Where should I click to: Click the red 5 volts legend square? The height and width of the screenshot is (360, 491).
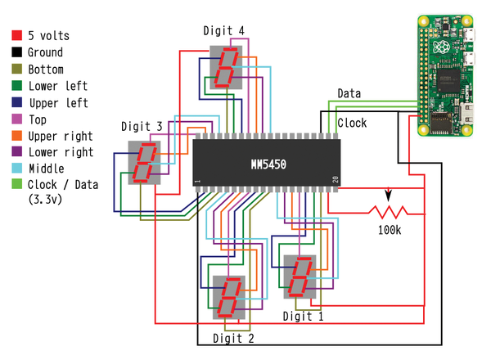click(16, 36)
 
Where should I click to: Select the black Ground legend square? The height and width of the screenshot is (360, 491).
click(16, 52)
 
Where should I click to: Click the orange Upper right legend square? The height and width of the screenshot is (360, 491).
click(16, 136)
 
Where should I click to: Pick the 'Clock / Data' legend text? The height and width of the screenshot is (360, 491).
click(63, 185)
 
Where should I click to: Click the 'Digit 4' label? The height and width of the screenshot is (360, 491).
click(224, 32)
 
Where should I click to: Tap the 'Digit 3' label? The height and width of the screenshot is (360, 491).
click(142, 126)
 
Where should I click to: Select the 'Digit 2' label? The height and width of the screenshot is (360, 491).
click(233, 336)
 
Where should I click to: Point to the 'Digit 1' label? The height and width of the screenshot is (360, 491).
click(304, 315)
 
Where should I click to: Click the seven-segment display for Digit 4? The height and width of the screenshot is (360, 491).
click(226, 67)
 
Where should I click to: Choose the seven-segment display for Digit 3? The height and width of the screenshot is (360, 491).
click(145, 161)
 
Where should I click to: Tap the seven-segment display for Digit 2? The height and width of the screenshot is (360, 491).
click(228, 298)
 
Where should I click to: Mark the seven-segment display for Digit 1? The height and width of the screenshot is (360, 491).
click(300, 278)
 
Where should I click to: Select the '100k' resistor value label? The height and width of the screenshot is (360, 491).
click(390, 231)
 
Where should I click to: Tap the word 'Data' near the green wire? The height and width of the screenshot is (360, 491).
click(349, 94)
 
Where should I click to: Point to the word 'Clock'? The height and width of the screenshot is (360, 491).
click(352, 124)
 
